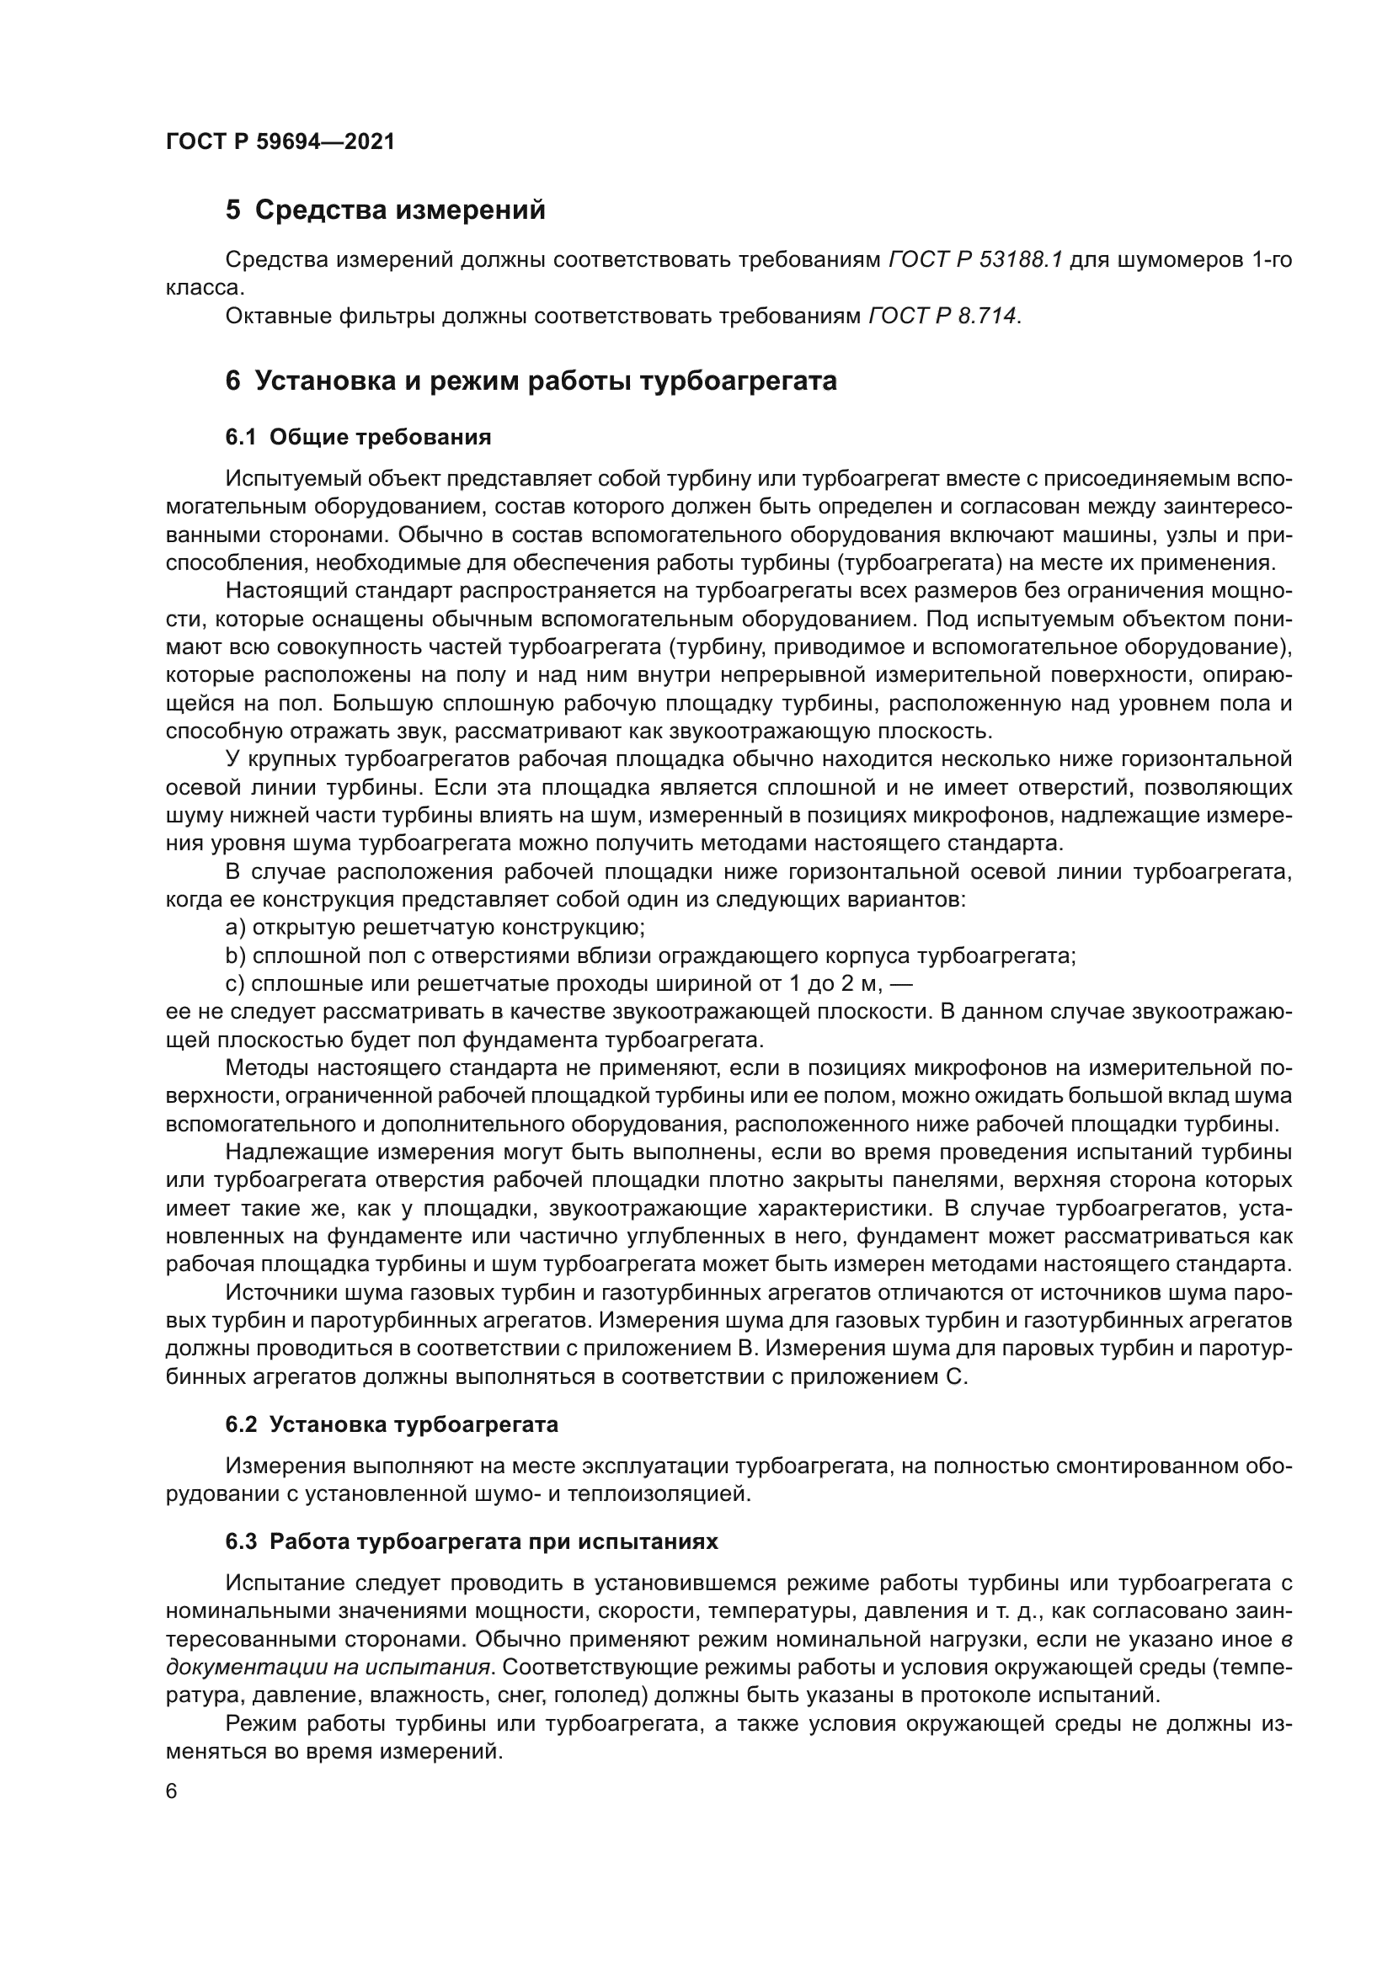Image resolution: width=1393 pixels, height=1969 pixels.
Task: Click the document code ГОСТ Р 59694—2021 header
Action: point(280,141)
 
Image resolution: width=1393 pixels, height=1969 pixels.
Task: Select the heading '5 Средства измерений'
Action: point(385,210)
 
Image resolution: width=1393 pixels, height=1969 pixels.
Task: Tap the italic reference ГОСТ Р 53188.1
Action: point(975,260)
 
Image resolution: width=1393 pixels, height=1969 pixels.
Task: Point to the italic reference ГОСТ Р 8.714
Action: point(943,317)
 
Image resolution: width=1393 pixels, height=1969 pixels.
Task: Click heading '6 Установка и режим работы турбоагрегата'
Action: point(531,380)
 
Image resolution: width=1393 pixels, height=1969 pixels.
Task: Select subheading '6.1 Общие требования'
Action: point(358,438)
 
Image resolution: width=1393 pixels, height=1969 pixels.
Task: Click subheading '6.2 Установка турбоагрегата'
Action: point(391,1424)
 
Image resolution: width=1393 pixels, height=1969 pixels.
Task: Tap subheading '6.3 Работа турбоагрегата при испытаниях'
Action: point(471,1541)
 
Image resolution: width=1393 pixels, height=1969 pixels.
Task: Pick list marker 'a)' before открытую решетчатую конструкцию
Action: point(235,928)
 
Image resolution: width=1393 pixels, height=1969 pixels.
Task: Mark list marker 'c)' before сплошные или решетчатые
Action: point(235,983)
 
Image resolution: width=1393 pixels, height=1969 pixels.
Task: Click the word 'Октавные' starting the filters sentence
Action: point(277,317)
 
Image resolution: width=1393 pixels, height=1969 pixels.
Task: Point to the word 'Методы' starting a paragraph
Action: point(265,1067)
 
